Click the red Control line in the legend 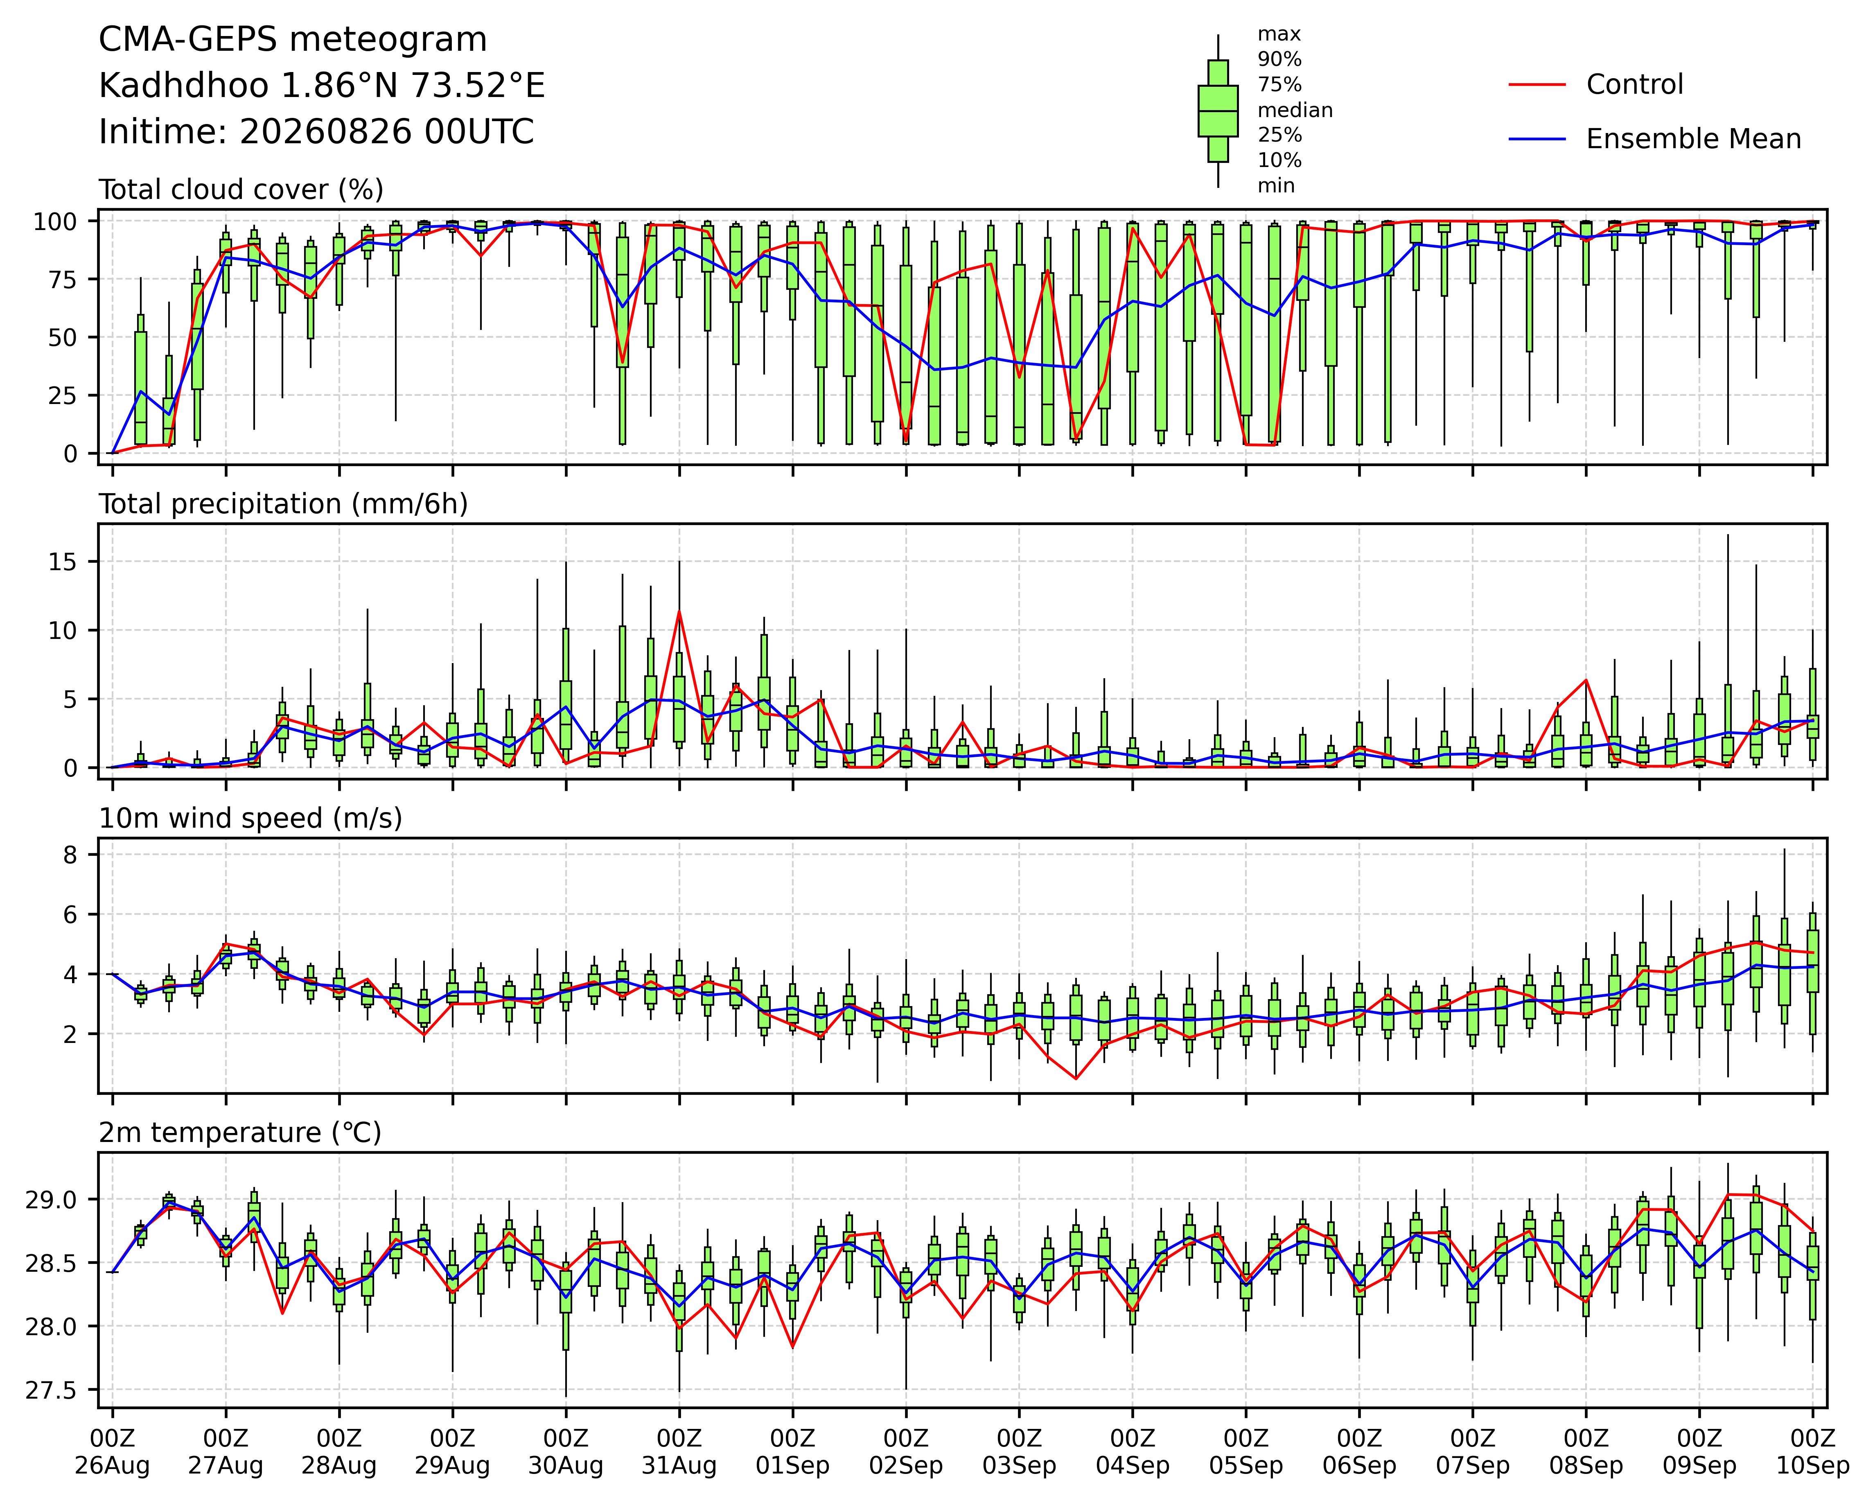click(1537, 84)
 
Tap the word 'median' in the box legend click(1295, 111)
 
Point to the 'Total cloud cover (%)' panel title click(241, 190)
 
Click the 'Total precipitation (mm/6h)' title click(284, 504)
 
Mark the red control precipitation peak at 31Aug click(679, 612)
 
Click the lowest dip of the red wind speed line click(1076, 1079)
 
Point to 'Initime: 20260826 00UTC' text click(316, 132)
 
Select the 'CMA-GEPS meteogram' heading click(293, 40)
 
